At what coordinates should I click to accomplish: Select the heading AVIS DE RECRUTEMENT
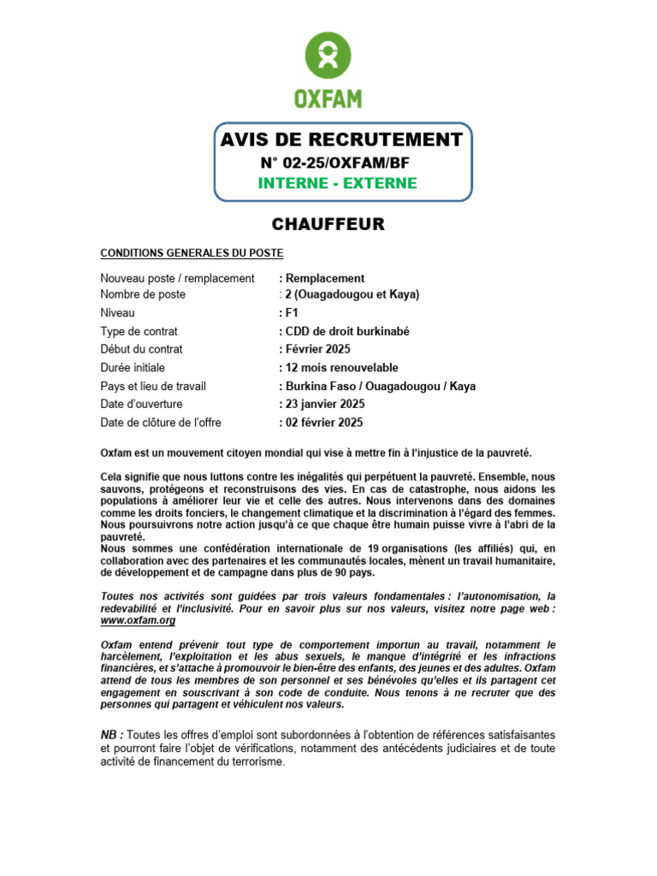tap(341, 140)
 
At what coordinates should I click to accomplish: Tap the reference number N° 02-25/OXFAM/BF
tap(340, 163)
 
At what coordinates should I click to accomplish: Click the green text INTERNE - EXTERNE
tap(338, 183)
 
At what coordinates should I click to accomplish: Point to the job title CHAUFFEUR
tap(328, 225)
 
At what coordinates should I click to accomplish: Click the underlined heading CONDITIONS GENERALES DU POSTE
tap(192, 253)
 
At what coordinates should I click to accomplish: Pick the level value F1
tap(292, 313)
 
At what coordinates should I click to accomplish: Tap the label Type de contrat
tap(139, 331)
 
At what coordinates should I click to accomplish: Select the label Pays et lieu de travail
tap(153, 386)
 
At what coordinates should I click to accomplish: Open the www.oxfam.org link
tap(138, 620)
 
